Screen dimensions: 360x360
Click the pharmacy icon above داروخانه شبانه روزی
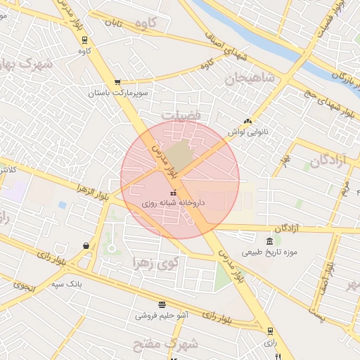[173, 192]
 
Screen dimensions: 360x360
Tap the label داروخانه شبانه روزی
[172, 202]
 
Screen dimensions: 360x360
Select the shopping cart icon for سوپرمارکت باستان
[117, 82]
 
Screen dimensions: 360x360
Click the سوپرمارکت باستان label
[118, 93]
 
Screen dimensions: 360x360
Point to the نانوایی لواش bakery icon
[247, 121]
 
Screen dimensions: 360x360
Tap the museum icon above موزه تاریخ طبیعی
[270, 241]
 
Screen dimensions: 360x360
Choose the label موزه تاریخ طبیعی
[271, 252]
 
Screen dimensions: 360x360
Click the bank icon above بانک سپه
[86, 246]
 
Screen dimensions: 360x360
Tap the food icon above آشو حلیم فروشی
[162, 304]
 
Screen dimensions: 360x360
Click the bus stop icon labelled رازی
[270, 331]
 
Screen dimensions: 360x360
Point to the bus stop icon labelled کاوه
[85, 39]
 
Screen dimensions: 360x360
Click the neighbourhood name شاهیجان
[249, 78]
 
